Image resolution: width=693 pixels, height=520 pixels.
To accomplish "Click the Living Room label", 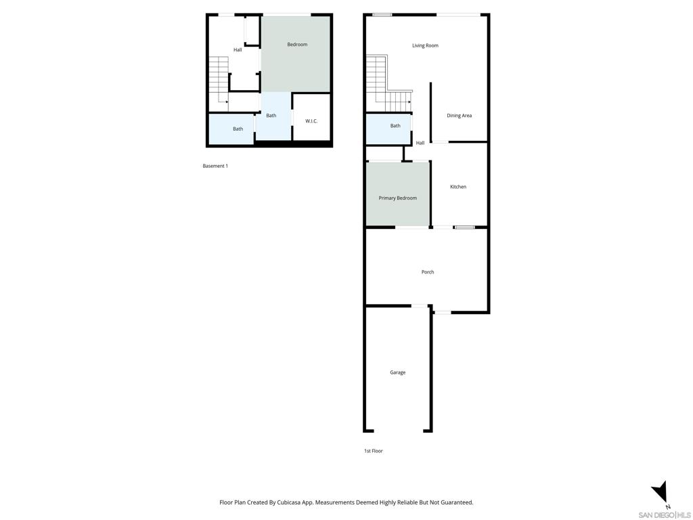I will click(x=425, y=45).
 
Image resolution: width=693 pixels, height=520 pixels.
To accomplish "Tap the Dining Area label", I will click(x=459, y=116).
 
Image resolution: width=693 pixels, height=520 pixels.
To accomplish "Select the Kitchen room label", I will click(x=458, y=187).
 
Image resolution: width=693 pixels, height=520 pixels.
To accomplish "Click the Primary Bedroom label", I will click(x=397, y=198).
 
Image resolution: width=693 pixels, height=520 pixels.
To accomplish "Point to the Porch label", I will click(x=428, y=272).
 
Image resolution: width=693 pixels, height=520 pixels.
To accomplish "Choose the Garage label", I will click(x=397, y=372).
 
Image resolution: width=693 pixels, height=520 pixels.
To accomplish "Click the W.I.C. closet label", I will click(x=311, y=121).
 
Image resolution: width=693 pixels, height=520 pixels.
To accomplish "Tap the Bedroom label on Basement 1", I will click(x=297, y=45).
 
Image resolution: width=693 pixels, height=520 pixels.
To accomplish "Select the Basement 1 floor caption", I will click(x=215, y=166).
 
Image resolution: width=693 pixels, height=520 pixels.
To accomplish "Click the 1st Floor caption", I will click(x=373, y=451).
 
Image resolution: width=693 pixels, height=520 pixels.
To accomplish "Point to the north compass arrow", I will click(x=661, y=493).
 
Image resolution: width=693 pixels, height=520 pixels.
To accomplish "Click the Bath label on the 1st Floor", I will click(x=395, y=126).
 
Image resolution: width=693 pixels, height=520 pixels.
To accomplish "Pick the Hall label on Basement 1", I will click(x=238, y=50).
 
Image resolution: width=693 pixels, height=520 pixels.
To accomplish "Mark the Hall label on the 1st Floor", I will click(x=420, y=143).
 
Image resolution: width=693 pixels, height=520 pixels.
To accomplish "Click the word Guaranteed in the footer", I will click(x=457, y=502).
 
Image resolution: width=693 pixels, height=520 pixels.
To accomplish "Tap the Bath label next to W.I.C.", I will click(x=271, y=116).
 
